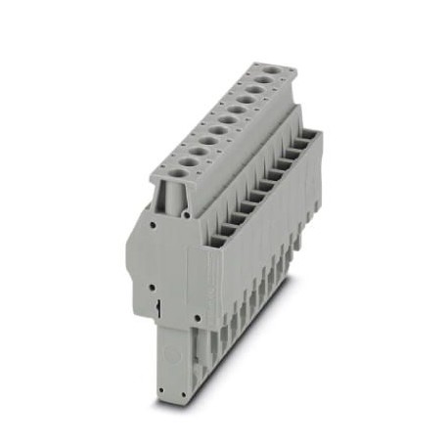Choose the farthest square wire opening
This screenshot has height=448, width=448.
click(x=311, y=139)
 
